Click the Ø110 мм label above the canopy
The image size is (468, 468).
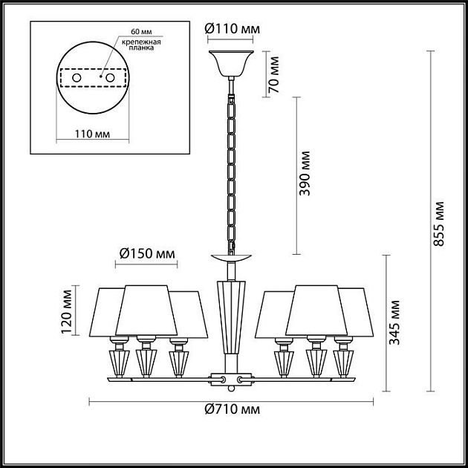(232, 29)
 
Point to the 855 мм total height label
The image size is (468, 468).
(440, 222)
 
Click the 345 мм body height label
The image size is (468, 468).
(396, 322)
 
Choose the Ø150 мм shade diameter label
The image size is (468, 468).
(147, 254)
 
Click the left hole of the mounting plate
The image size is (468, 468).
(75, 78)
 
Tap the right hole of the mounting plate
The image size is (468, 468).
(110, 78)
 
